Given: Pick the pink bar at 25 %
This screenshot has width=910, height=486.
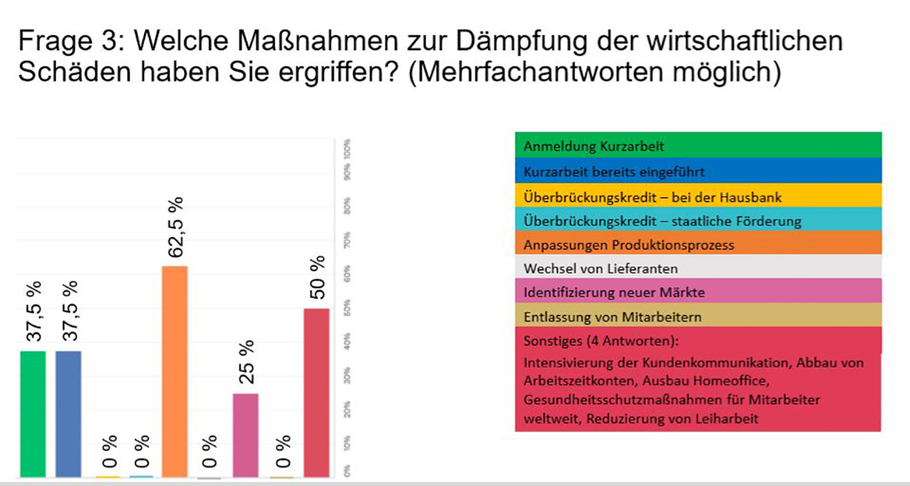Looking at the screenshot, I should [246, 435].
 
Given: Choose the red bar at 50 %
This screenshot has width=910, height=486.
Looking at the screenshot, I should [316, 393].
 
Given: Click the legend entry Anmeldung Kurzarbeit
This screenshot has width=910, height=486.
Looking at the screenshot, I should [593, 146].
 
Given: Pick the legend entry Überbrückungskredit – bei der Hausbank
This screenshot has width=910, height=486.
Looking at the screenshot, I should [652, 197].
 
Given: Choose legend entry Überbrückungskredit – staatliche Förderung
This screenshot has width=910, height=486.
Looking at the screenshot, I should [662, 221].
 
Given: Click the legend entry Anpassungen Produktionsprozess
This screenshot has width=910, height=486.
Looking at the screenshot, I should [629, 245].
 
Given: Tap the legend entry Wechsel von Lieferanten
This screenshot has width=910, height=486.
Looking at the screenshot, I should [600, 269].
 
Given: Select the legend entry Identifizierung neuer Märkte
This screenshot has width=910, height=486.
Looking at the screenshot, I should [614, 293].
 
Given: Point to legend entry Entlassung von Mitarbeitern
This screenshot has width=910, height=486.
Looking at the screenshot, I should [613, 317].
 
